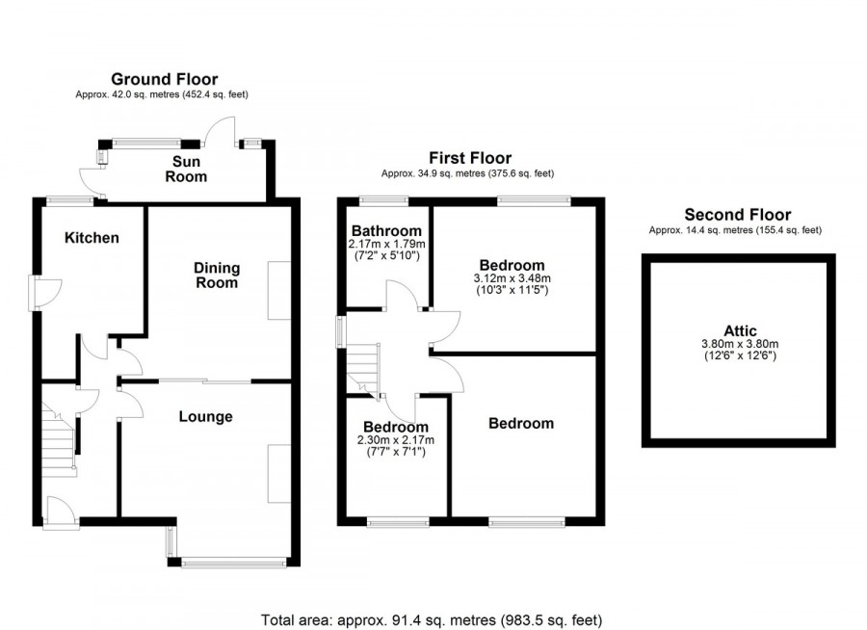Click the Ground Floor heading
coord(164,79)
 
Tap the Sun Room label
coord(186,170)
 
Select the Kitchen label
coord(92,238)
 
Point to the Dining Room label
coord(217,276)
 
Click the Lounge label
coord(206,417)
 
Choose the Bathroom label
coord(386,230)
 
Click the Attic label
coord(740,330)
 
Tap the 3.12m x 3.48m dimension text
coord(512,278)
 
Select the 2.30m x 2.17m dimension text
coord(396,440)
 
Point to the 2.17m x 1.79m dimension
coord(386,244)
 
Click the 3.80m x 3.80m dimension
coord(740,344)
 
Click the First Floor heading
coord(470,158)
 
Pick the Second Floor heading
coord(738,215)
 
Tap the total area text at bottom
coord(432,620)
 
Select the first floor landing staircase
coord(364,370)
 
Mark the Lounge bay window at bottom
coord(234,563)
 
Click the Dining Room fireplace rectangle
coord(279,290)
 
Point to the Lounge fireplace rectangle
coord(279,474)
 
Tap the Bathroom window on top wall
coord(383,201)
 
